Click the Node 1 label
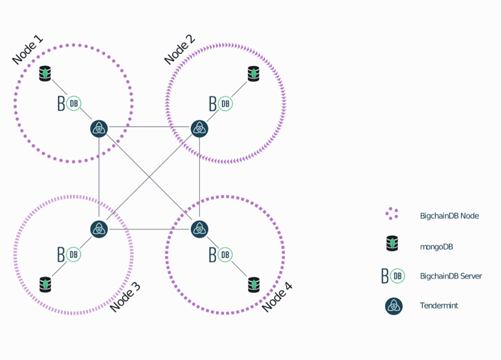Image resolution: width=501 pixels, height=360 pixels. (x=27, y=51)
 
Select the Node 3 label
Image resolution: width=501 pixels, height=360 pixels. (x=125, y=297)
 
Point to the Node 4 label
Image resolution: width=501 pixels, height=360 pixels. (x=277, y=297)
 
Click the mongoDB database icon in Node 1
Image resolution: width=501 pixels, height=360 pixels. (x=45, y=73)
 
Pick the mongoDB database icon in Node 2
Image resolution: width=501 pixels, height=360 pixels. (x=254, y=73)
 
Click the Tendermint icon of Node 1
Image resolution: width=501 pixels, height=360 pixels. (x=99, y=128)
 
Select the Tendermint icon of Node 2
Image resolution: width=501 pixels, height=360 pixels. (x=199, y=128)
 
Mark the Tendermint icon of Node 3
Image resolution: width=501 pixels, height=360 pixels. (x=99, y=229)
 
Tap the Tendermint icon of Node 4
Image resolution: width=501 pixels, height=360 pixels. (x=199, y=229)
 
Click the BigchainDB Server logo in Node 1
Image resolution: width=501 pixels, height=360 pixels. (x=69, y=104)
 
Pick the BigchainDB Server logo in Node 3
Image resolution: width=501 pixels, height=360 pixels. (x=69, y=255)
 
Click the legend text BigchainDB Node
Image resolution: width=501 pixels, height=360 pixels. (x=449, y=216)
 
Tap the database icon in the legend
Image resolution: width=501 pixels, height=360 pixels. (x=393, y=243)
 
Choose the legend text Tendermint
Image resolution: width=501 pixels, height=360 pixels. (x=439, y=306)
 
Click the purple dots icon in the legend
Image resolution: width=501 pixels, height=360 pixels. (x=392, y=214)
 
